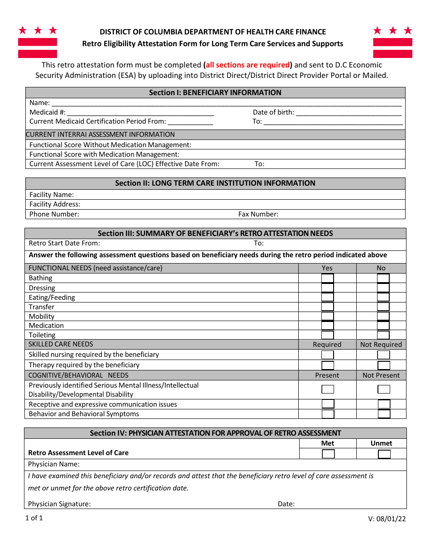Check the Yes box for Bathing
click(x=327, y=278)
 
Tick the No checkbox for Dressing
click(x=383, y=288)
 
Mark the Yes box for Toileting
click(x=327, y=335)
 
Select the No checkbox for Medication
click(x=383, y=326)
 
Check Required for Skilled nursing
click(x=327, y=355)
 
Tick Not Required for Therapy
click(x=383, y=365)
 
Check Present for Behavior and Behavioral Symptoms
click(x=328, y=414)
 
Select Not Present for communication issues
click(x=384, y=404)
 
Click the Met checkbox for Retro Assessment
click(x=328, y=454)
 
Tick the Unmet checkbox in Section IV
click(x=384, y=454)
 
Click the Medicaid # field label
click(x=48, y=112)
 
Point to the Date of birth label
click(x=273, y=112)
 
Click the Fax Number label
click(x=258, y=214)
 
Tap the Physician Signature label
click(x=59, y=504)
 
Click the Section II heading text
click(x=215, y=183)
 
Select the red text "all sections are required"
click(x=248, y=65)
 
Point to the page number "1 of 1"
click(x=34, y=518)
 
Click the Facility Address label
click(x=55, y=204)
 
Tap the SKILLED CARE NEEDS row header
click(x=61, y=344)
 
